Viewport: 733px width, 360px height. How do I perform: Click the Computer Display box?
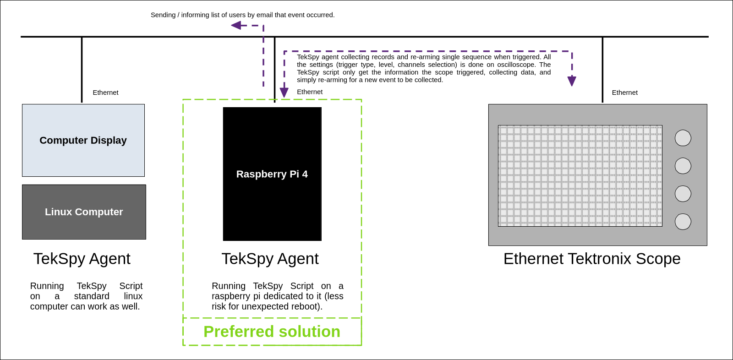[x=83, y=141]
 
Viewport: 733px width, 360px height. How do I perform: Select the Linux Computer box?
[x=84, y=212]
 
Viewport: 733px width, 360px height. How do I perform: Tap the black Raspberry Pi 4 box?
[x=272, y=174]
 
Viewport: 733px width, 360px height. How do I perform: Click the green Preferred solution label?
[x=272, y=332]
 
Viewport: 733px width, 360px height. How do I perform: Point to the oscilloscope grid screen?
[x=580, y=176]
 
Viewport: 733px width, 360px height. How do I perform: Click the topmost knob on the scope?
[x=683, y=138]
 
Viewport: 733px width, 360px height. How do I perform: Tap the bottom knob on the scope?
[x=683, y=222]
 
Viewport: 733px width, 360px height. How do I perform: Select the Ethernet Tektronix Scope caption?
[x=592, y=259]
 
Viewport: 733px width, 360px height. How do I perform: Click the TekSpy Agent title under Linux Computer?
[x=82, y=259]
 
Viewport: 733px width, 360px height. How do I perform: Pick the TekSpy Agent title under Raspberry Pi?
[x=270, y=259]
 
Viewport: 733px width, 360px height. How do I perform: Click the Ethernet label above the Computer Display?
[x=105, y=93]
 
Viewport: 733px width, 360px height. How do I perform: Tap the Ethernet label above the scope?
[x=625, y=93]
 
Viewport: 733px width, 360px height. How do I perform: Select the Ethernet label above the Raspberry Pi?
[x=310, y=92]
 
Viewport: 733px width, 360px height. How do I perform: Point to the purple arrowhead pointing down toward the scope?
[x=572, y=81]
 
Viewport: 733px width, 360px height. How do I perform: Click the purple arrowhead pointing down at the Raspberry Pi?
[x=284, y=93]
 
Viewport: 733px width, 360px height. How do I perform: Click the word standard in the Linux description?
[x=92, y=296]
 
